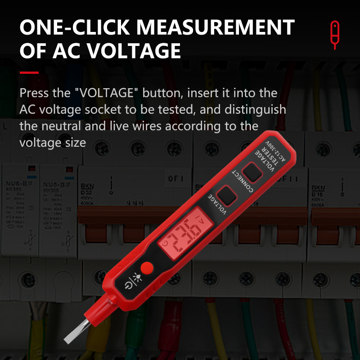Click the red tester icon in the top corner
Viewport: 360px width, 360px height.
click(x=334, y=34)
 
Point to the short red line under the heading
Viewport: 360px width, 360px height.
click(x=29, y=72)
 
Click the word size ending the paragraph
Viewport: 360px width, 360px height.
click(x=74, y=142)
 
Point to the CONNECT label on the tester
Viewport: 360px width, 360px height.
click(x=243, y=185)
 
